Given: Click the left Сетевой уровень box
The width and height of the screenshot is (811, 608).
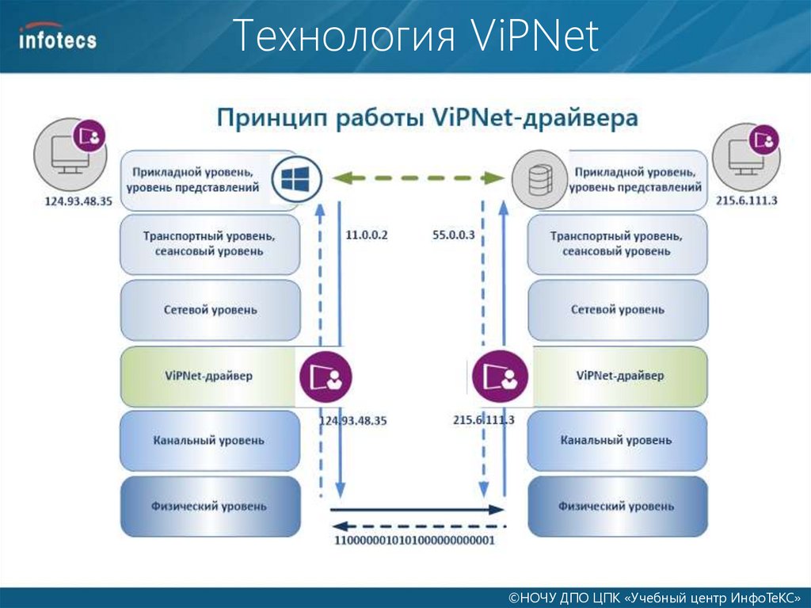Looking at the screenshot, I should tap(211, 310).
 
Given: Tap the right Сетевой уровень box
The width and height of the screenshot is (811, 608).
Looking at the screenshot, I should tap(618, 310).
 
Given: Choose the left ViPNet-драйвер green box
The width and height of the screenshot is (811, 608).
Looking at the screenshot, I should tap(209, 376).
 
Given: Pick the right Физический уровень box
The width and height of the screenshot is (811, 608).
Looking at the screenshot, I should tap(617, 506).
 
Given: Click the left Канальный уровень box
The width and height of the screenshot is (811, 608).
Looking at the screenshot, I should tap(211, 441).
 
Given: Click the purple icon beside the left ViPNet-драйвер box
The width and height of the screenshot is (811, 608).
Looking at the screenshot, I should tap(326, 377).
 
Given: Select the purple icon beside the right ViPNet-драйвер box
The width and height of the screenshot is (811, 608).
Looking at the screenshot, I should tap(498, 377).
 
